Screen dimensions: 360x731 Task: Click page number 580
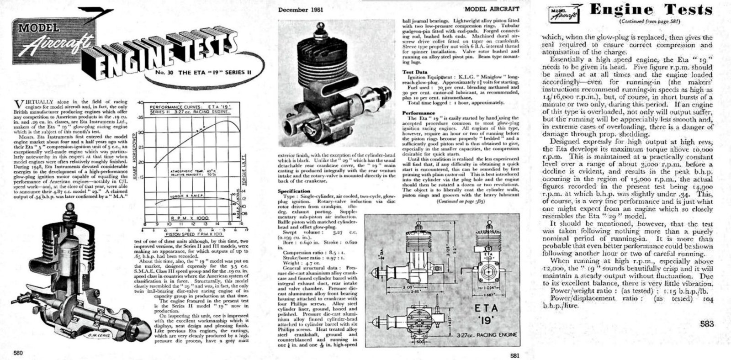point(18,353)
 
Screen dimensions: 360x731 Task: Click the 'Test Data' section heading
point(414,72)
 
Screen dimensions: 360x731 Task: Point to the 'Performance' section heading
point(418,112)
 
